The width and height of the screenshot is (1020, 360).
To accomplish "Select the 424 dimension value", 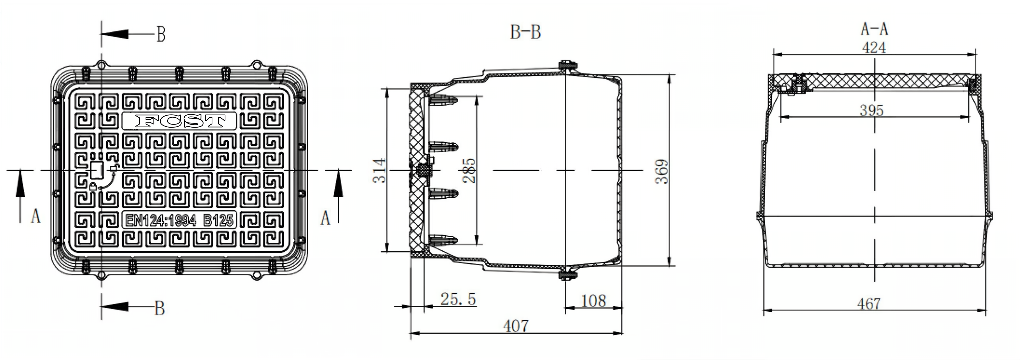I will point(874,48).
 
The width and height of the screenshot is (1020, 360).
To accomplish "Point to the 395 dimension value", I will point(872,110).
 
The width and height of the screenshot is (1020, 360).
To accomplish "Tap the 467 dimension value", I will point(869,304).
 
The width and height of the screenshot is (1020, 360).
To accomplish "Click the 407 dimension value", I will point(516,326).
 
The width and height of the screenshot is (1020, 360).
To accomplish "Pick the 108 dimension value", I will point(593,301).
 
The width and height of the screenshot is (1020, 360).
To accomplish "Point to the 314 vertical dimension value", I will point(379,171).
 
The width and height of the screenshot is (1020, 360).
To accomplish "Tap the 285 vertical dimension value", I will point(469,171).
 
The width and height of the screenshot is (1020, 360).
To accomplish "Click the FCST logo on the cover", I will point(180,121).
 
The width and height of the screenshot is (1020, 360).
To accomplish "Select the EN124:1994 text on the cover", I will point(161,220).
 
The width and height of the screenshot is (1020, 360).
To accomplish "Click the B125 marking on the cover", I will point(218,220).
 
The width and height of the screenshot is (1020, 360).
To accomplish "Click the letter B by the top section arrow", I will point(160,34).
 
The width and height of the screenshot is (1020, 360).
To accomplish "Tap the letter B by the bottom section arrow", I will point(159,308).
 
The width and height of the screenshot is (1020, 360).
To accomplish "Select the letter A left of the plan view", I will point(36,217).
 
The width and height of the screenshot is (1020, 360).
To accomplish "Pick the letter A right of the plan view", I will point(325,218).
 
